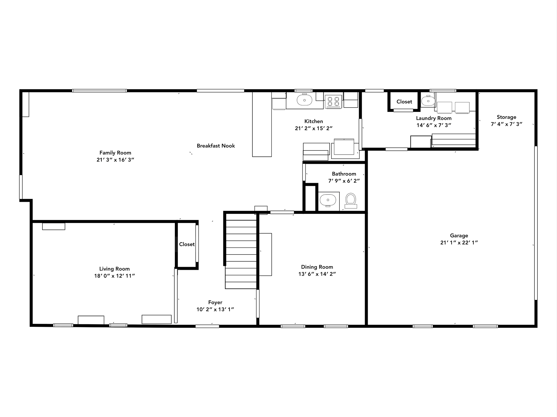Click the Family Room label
click(115, 153)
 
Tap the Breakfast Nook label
click(216, 146)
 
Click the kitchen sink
click(304, 100)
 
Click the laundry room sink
click(428, 101)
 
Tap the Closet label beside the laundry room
click(404, 102)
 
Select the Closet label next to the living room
click(187, 244)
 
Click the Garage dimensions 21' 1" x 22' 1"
click(459, 243)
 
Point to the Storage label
click(506, 117)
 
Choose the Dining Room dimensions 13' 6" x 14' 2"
click(317, 274)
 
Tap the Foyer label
click(215, 302)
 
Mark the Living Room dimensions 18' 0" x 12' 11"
click(115, 276)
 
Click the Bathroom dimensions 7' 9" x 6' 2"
click(344, 181)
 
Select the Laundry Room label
click(434, 118)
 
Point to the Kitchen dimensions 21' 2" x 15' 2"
click(314, 128)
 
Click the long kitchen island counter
click(262, 124)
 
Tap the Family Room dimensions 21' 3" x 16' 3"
click(115, 160)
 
